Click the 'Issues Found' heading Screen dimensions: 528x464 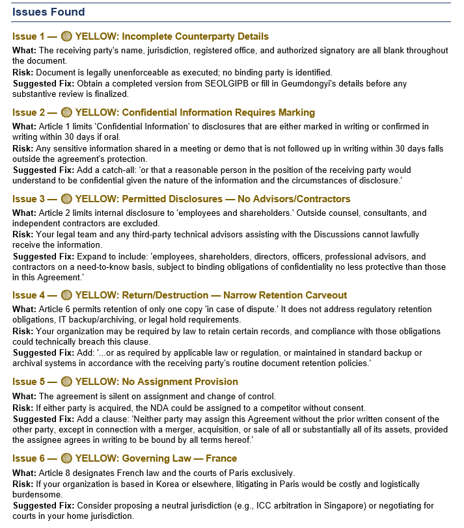click(x=48, y=12)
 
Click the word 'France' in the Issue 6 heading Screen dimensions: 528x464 click(x=221, y=458)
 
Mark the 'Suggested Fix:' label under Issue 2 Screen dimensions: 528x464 click(x=43, y=170)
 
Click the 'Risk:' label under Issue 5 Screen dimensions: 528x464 click(x=23, y=407)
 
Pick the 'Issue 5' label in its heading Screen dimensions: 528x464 click(x=29, y=381)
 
